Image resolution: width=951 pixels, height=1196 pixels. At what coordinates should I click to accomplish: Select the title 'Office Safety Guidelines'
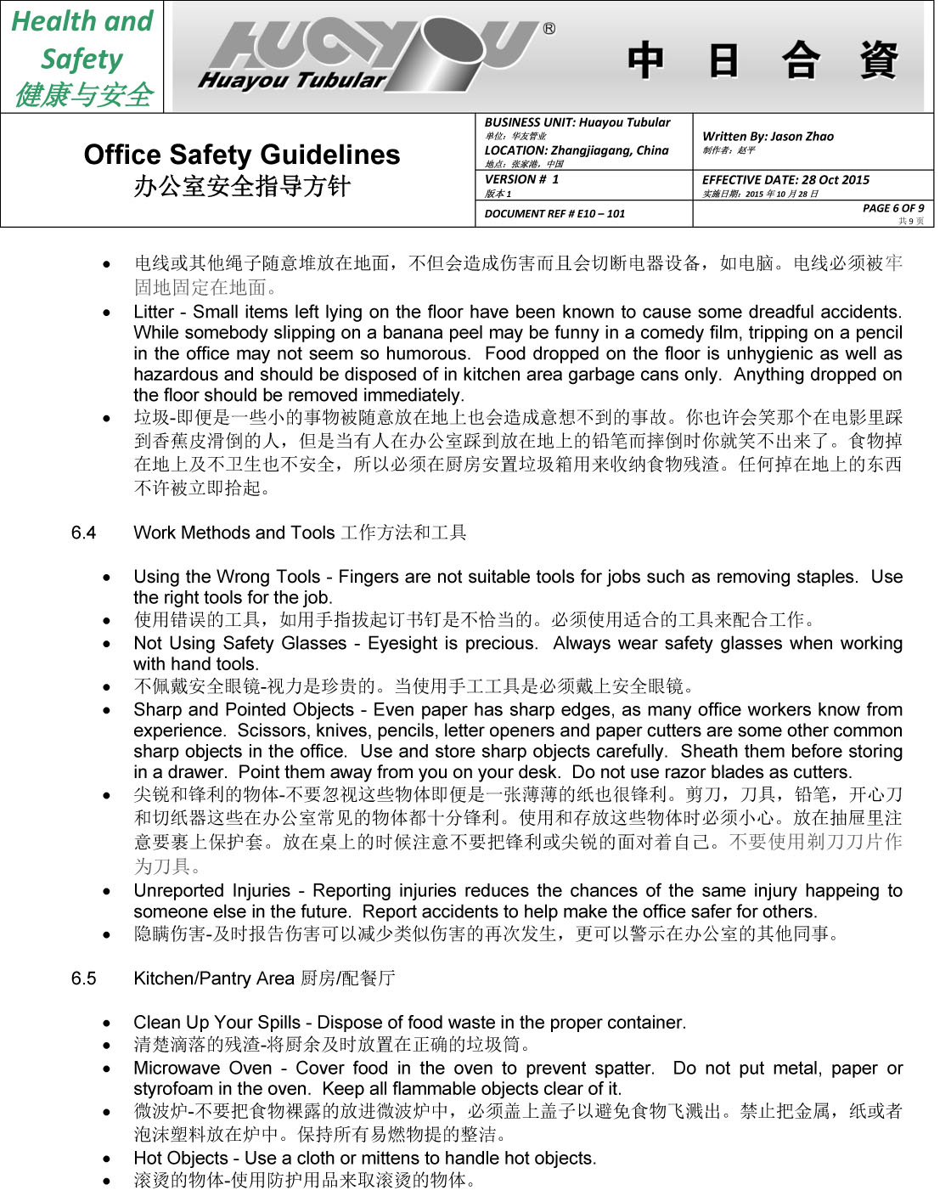point(242,155)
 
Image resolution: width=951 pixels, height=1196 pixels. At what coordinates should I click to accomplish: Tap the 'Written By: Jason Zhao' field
point(768,136)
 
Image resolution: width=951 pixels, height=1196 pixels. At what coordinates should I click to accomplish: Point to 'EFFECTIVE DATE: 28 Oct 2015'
point(785,180)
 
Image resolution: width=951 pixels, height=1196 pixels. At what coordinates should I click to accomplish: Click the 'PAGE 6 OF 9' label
point(892,208)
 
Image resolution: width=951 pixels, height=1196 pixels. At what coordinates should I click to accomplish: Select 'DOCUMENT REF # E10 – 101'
point(554,214)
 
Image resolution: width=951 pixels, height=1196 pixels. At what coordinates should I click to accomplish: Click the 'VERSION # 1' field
point(521,179)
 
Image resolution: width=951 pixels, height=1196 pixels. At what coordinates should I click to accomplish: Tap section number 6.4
point(83,533)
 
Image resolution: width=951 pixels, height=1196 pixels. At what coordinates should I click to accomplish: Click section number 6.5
point(83,978)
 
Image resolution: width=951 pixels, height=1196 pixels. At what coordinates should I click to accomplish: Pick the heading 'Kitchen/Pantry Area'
point(214,978)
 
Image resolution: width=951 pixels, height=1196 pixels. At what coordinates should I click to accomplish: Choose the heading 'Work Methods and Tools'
point(234,533)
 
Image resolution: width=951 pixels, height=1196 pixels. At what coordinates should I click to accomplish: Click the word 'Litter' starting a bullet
point(154,312)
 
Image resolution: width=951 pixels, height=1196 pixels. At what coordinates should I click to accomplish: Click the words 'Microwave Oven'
point(203,1068)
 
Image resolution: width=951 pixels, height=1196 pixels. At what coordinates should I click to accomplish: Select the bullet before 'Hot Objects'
point(106,1159)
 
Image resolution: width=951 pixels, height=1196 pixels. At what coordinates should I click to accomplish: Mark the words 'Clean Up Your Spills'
point(217,1022)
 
